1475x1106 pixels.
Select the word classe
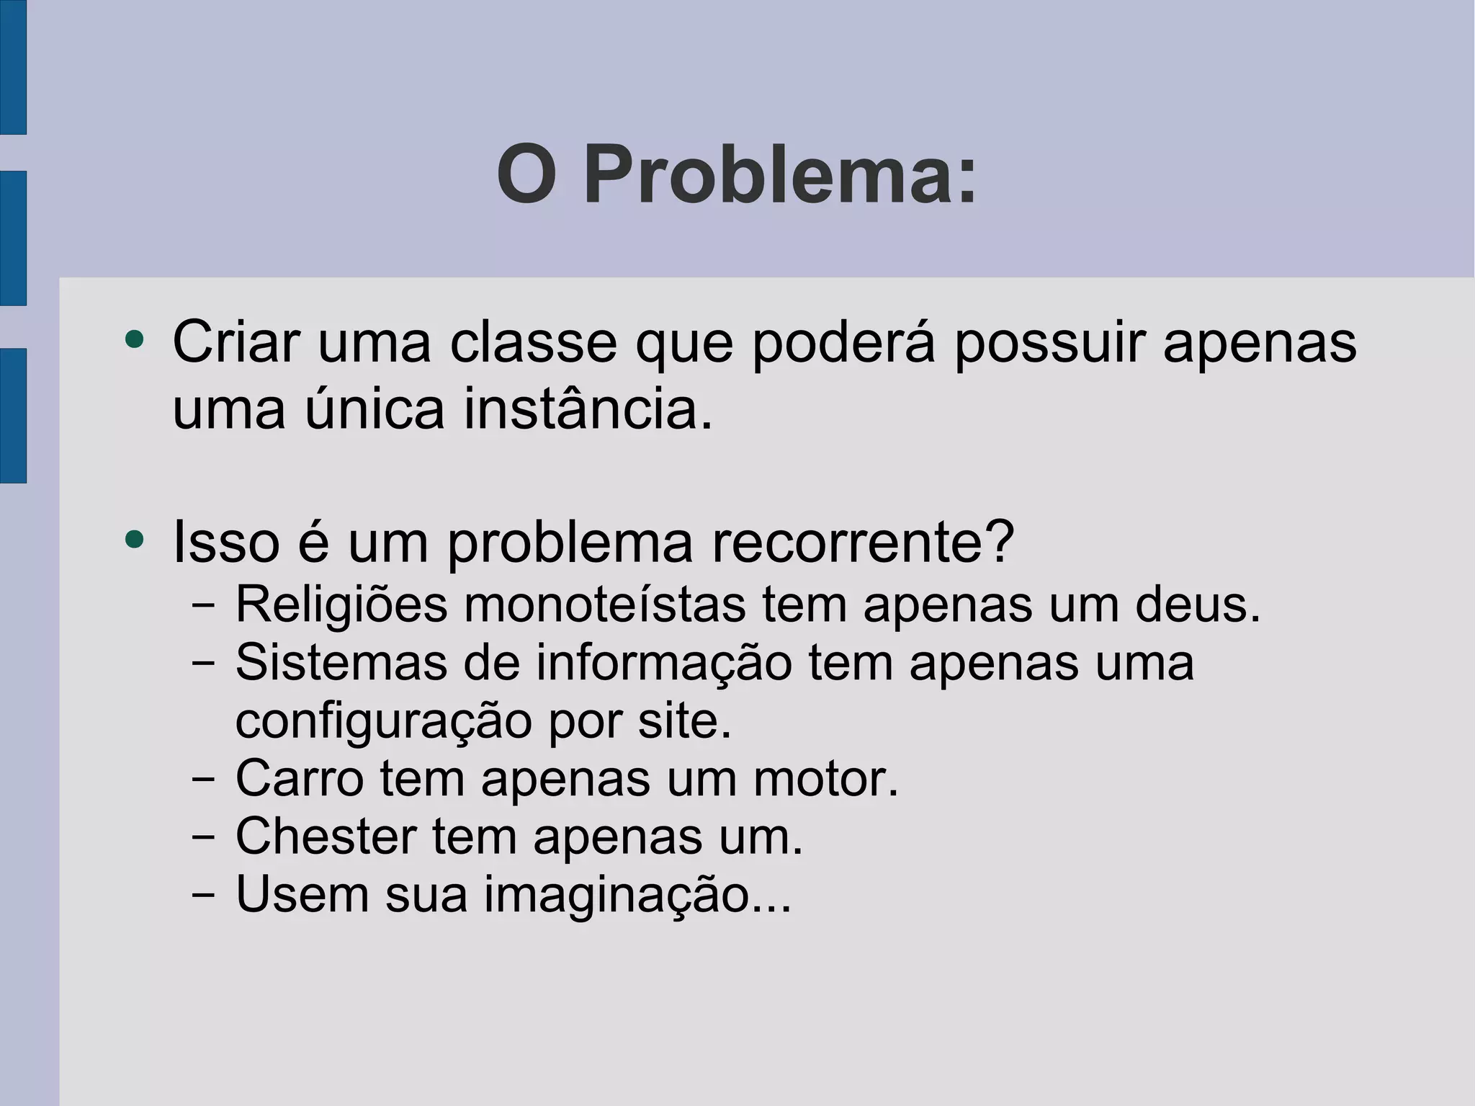[x=533, y=342]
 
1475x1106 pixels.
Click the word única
[x=375, y=409]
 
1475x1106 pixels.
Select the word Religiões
[x=341, y=605]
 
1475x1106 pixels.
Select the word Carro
[x=299, y=778]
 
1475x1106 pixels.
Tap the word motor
[x=826, y=778]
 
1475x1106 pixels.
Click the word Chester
[x=326, y=836]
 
